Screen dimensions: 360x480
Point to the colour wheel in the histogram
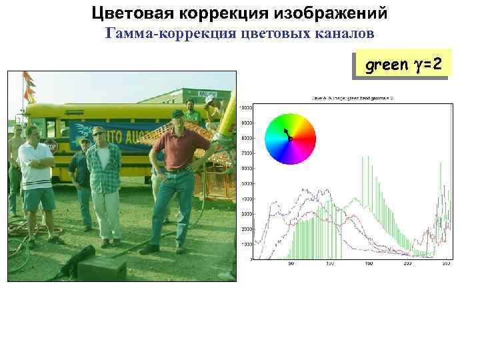[289, 139]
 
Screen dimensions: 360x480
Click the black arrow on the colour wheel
[287, 133]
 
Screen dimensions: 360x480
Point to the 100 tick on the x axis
[329, 264]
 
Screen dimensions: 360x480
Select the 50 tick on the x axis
[291, 264]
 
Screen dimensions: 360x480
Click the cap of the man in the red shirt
[177, 113]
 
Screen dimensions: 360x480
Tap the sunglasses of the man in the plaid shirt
[99, 133]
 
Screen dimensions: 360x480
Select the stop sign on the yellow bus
[51, 146]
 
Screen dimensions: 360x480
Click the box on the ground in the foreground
[101, 268]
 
